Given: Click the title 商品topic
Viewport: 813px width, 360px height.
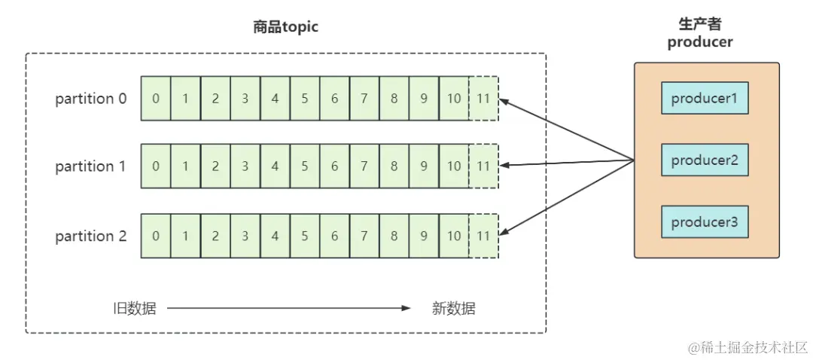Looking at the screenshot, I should point(285,27).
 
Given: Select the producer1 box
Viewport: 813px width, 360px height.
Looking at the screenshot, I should point(705,99).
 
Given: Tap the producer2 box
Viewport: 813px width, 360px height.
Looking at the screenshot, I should point(705,160).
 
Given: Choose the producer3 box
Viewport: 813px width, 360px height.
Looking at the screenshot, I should point(705,222).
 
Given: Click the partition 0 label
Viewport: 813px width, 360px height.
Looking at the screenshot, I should point(91,99).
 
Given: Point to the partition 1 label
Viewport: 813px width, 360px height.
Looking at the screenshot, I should point(91,166).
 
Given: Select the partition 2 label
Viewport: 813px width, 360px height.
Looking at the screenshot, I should point(91,236).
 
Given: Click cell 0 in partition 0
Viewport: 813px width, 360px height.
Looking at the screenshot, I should point(156,99).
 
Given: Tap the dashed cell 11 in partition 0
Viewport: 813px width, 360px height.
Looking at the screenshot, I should point(483,99).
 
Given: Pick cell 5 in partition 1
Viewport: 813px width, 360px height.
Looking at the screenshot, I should point(305,166).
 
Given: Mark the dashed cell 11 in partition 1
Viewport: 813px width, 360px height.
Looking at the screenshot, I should point(483,166).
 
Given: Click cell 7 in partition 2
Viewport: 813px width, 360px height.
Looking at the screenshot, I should point(364,236).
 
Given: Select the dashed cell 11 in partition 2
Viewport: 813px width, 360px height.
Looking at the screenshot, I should point(483,236).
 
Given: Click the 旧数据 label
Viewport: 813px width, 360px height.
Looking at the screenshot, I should point(134,308).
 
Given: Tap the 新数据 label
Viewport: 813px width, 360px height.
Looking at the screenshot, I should point(453,308).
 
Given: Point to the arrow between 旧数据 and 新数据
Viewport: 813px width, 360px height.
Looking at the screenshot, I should point(289,308).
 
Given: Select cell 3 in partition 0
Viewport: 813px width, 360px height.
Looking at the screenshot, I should point(245,99).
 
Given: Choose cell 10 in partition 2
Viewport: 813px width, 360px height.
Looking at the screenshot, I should point(453,236).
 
